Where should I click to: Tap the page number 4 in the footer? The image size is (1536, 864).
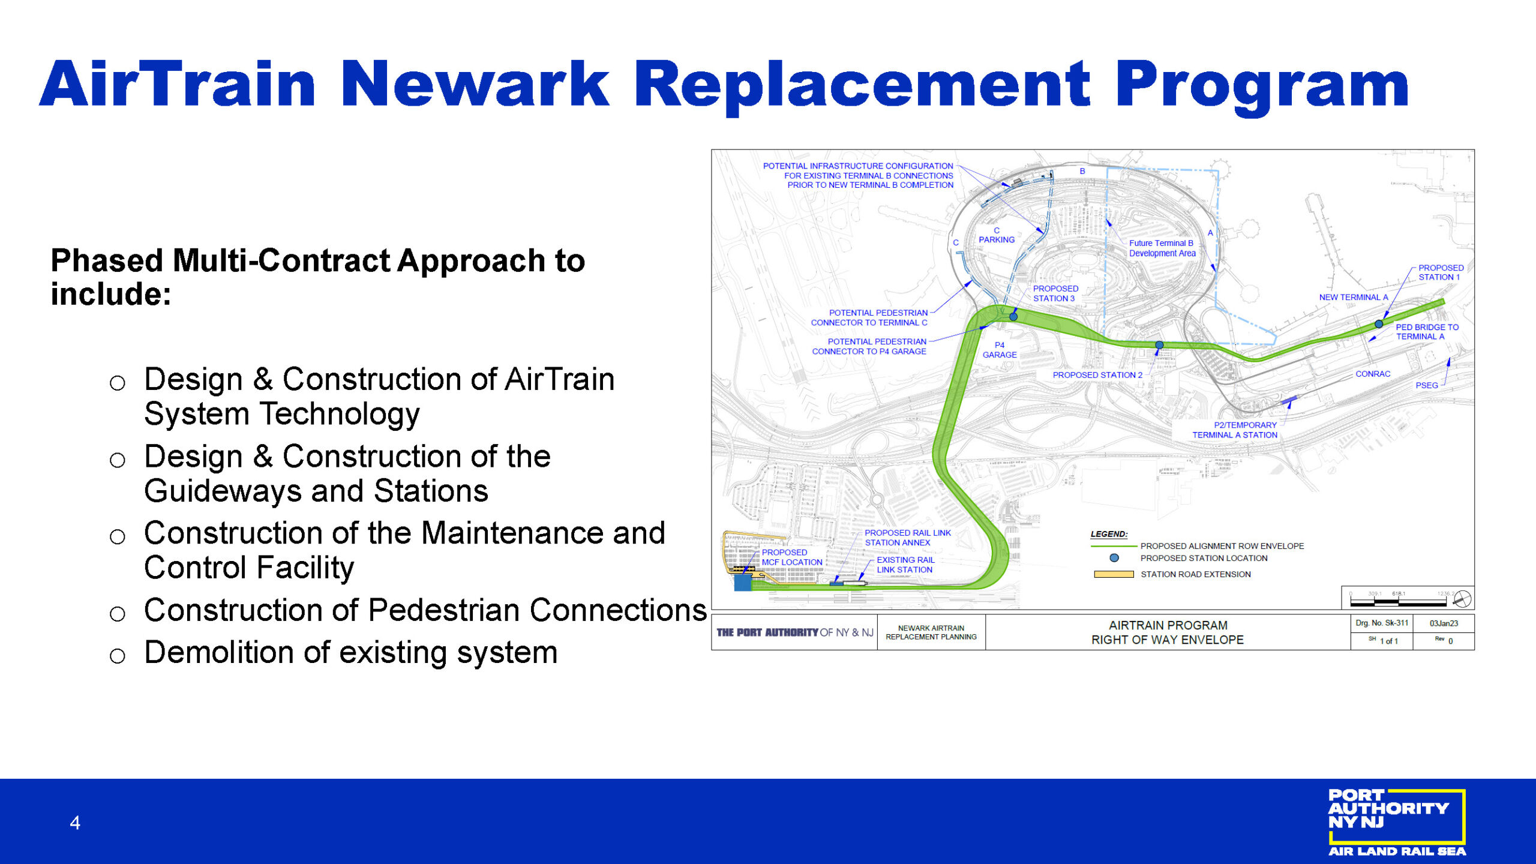(x=75, y=823)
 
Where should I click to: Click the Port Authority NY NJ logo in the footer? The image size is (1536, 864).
(x=1397, y=822)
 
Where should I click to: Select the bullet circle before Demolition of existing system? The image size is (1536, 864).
(x=118, y=656)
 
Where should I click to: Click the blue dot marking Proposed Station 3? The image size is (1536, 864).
(x=1013, y=317)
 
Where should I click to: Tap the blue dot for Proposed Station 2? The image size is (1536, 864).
(x=1159, y=345)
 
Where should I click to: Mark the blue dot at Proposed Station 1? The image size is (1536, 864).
(x=1379, y=324)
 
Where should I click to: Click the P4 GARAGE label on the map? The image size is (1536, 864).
(x=1000, y=350)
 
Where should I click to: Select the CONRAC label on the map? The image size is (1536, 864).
(x=1373, y=374)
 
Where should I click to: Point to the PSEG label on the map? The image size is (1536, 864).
(x=1427, y=385)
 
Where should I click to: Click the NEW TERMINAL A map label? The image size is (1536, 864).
(x=1354, y=297)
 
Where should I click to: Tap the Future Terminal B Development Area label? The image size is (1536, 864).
(x=1162, y=248)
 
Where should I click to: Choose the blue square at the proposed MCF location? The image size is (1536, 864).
(x=743, y=582)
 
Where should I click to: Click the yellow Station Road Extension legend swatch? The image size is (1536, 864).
(x=1114, y=574)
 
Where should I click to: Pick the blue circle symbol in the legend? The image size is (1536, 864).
(x=1114, y=558)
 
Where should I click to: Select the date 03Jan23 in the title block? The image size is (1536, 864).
(x=1444, y=623)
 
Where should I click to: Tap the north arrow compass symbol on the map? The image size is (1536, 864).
(x=1462, y=599)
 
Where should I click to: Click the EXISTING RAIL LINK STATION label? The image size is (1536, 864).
(x=905, y=565)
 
